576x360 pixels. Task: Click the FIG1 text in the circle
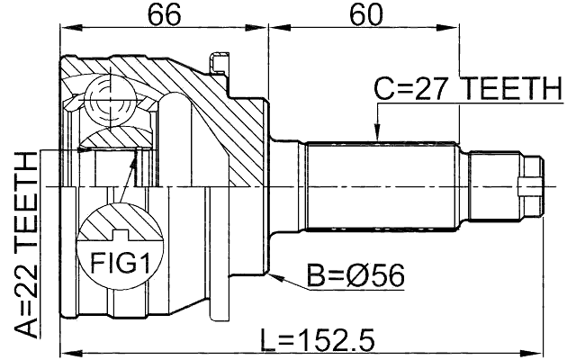click(121, 264)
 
